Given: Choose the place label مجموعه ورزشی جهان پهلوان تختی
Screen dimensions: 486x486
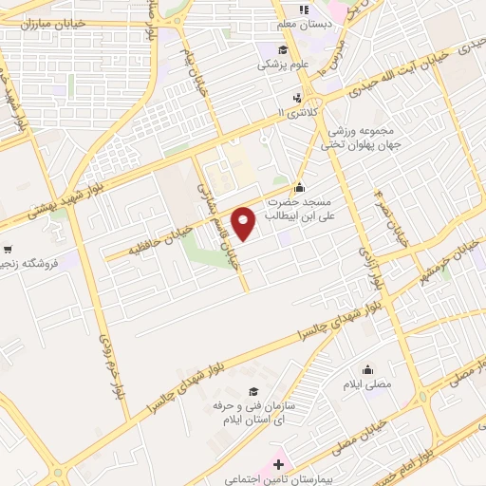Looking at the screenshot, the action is click(x=374, y=138).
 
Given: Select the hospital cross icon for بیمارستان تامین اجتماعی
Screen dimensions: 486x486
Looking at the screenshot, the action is click(x=277, y=464).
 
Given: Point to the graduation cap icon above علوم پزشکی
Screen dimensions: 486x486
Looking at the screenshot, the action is click(x=282, y=50).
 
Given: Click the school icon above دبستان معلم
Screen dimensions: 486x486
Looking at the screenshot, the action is click(x=304, y=9).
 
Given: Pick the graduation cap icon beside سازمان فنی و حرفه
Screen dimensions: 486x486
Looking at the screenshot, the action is click(x=252, y=391).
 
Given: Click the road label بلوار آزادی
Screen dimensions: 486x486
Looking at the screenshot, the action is click(x=372, y=264).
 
